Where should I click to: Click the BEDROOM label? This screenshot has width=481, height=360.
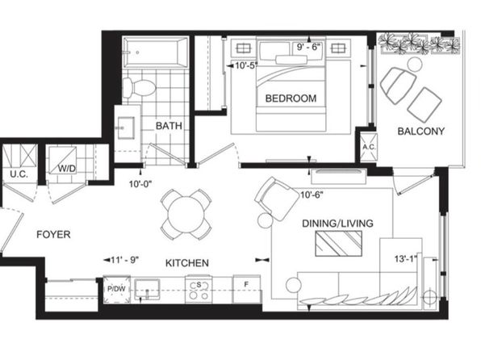point(291,98)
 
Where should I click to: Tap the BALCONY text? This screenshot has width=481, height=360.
point(421,132)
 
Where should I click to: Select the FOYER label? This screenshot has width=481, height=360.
point(53,234)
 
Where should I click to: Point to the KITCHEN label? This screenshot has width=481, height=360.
point(187,263)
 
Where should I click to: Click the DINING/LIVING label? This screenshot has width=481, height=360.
point(337,224)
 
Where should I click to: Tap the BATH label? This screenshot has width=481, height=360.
point(169,126)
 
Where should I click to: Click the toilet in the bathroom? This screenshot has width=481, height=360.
point(139,87)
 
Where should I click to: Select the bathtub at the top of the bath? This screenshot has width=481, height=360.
point(155,52)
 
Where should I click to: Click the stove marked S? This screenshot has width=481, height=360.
point(199,290)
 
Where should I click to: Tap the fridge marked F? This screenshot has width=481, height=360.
point(246,289)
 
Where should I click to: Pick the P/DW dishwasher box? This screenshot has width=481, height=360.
point(116,290)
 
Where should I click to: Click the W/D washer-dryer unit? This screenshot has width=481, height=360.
point(63,161)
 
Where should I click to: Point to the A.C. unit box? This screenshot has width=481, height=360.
point(369,148)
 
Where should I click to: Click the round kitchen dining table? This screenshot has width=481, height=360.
point(186,215)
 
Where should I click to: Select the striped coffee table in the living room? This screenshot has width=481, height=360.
point(339,244)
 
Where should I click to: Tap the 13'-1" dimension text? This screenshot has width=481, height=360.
point(406,259)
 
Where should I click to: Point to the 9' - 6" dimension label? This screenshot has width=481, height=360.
point(308,48)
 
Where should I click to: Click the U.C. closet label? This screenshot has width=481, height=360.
point(19,174)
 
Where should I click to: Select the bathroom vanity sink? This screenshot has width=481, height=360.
point(126,128)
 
